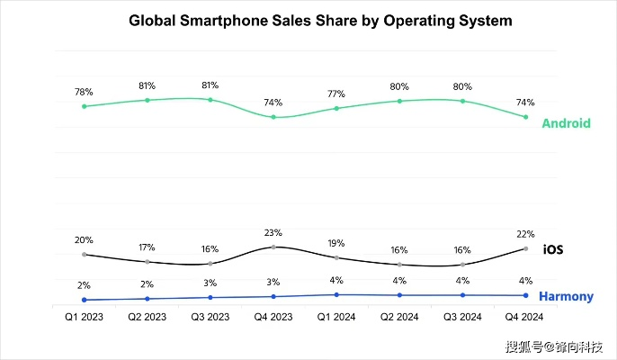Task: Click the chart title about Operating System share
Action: (x=308, y=20)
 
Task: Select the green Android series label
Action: (x=566, y=123)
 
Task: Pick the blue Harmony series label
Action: (x=565, y=296)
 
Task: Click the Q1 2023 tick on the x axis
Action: (x=84, y=317)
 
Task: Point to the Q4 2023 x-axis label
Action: (x=273, y=317)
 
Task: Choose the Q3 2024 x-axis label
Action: (x=462, y=317)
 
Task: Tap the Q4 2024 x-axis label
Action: (x=525, y=317)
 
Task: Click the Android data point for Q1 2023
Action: (x=84, y=106)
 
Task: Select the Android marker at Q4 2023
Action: (x=273, y=117)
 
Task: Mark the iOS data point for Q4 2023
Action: (x=273, y=247)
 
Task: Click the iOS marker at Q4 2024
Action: (x=525, y=248)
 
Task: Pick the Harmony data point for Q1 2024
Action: (x=336, y=294)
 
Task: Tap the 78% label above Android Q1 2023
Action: (x=84, y=92)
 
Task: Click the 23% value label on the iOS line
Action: (x=273, y=232)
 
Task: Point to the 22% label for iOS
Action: (x=525, y=234)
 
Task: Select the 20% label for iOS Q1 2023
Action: (x=84, y=240)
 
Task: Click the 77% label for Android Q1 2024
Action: (x=336, y=94)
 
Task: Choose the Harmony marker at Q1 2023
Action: (x=84, y=300)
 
